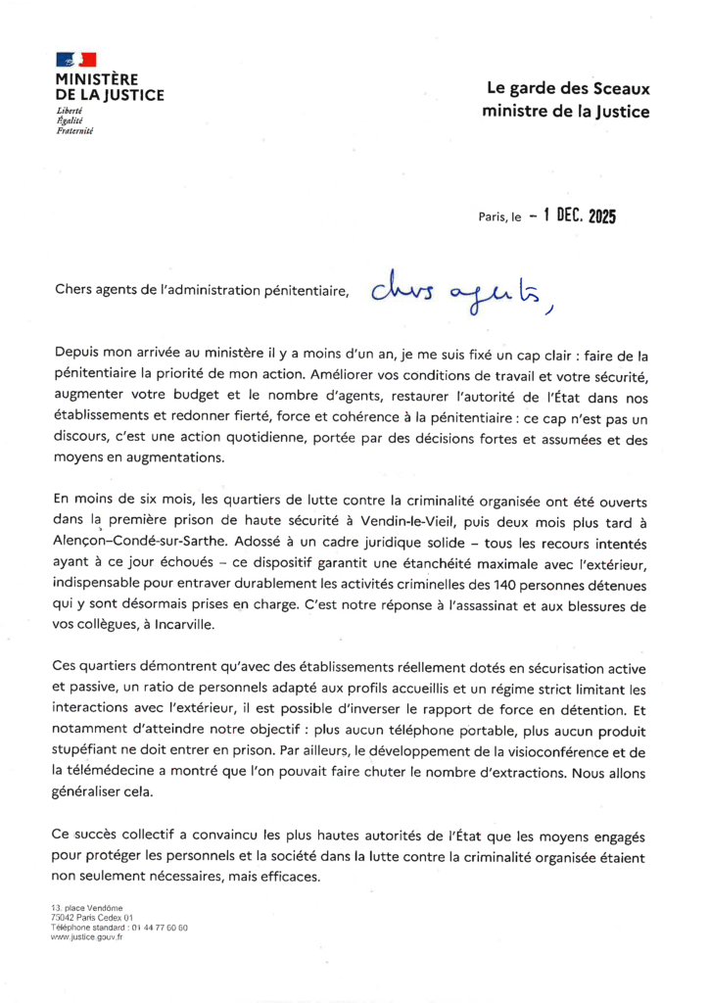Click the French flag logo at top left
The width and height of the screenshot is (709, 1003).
coord(75,61)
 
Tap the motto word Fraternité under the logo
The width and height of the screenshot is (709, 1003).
coord(74,130)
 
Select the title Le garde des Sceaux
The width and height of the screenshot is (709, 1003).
coord(567,89)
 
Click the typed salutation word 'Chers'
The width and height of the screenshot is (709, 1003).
coord(73,290)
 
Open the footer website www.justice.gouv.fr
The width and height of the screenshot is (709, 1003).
coord(87,936)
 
